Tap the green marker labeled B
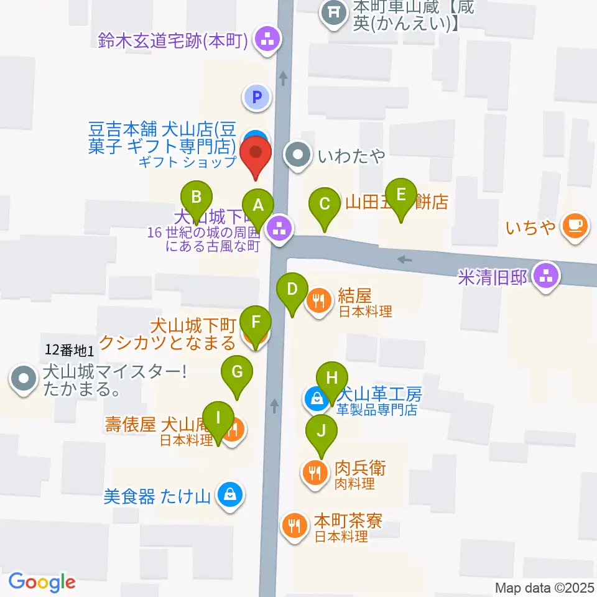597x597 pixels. pyautogui.click(x=196, y=198)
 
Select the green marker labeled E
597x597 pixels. pyautogui.click(x=401, y=195)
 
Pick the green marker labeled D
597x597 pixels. pyautogui.click(x=292, y=289)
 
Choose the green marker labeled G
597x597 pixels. pyautogui.click(x=237, y=372)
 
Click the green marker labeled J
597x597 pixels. pyautogui.click(x=322, y=430)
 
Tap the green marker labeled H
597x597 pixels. pyautogui.click(x=332, y=378)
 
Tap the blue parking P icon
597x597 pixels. pyautogui.click(x=256, y=96)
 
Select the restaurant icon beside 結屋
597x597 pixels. pyautogui.click(x=318, y=302)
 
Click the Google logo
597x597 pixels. pyautogui.click(x=42, y=582)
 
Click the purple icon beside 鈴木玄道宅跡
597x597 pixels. pyautogui.click(x=269, y=42)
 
